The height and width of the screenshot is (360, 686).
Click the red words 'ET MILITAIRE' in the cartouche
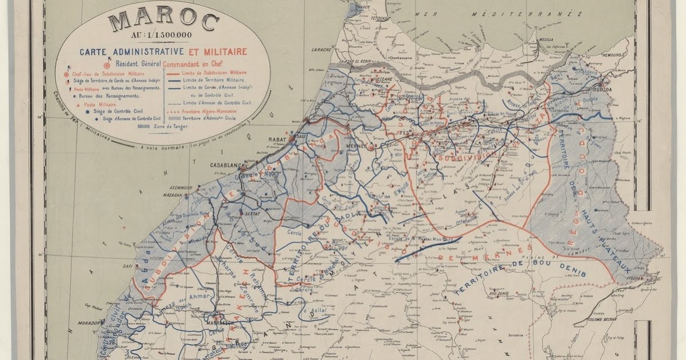pyautogui.click(x=221, y=51)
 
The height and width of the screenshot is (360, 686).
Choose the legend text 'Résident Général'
pyautogui.click(x=137, y=63)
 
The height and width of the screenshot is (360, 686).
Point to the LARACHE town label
pyautogui.click(x=321, y=50)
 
